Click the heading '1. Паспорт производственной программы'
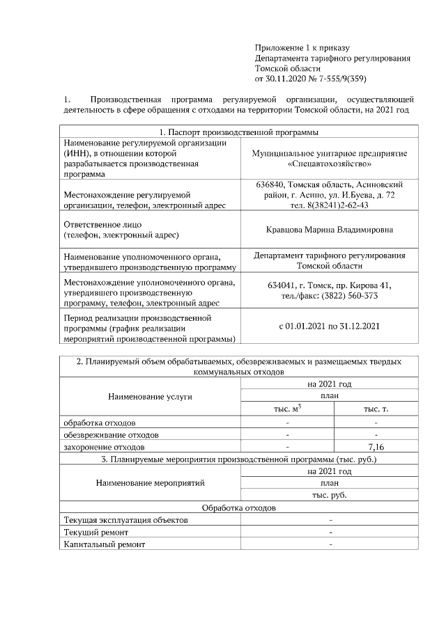coord(239,132)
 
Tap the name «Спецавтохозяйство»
coord(330,164)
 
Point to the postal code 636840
coord(271,184)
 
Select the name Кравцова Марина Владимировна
coord(330,229)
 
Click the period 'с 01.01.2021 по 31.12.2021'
coord(330,325)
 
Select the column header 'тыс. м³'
coord(287,409)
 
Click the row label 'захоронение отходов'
coord(104,446)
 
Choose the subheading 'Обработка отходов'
coord(239,508)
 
